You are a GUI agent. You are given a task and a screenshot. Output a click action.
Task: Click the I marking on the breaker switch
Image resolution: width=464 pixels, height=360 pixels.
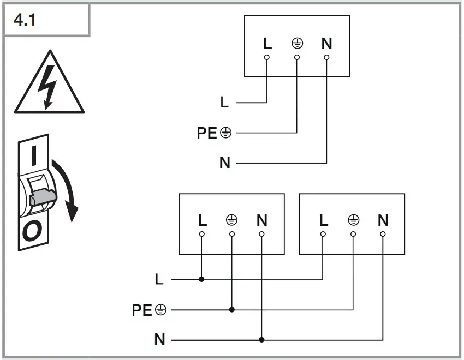(x=34, y=155)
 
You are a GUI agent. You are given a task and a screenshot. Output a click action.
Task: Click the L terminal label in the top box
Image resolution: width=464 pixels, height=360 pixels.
(x=266, y=44)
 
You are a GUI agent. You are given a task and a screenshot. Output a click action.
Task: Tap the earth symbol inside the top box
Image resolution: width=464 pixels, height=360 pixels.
(x=297, y=44)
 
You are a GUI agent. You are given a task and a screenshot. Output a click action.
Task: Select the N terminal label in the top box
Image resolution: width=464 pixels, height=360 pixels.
(x=326, y=44)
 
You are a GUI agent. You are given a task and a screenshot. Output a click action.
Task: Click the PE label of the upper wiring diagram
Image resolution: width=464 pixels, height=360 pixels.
(x=207, y=133)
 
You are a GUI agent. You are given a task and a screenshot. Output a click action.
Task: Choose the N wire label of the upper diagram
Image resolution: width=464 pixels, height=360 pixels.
(x=224, y=163)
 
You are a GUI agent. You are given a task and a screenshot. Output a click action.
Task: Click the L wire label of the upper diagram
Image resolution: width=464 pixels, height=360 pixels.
(x=224, y=102)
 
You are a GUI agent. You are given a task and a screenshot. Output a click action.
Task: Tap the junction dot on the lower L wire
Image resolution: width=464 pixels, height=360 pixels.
(x=201, y=279)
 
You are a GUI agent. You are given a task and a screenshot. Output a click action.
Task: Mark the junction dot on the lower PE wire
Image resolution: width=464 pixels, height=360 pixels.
(x=232, y=309)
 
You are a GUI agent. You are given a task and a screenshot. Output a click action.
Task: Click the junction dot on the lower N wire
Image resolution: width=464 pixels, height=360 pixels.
(x=261, y=339)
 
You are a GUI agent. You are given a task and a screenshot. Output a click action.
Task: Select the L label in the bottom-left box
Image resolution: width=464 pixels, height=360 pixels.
(x=203, y=220)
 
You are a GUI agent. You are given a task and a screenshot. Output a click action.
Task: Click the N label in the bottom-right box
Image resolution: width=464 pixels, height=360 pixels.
(x=383, y=220)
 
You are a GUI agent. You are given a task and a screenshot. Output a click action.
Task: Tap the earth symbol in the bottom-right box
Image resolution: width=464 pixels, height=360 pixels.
(x=353, y=220)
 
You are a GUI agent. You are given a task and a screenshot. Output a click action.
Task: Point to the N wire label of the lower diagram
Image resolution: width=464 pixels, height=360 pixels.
(x=159, y=339)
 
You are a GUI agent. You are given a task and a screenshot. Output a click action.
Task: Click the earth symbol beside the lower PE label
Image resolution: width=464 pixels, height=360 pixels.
(x=160, y=310)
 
